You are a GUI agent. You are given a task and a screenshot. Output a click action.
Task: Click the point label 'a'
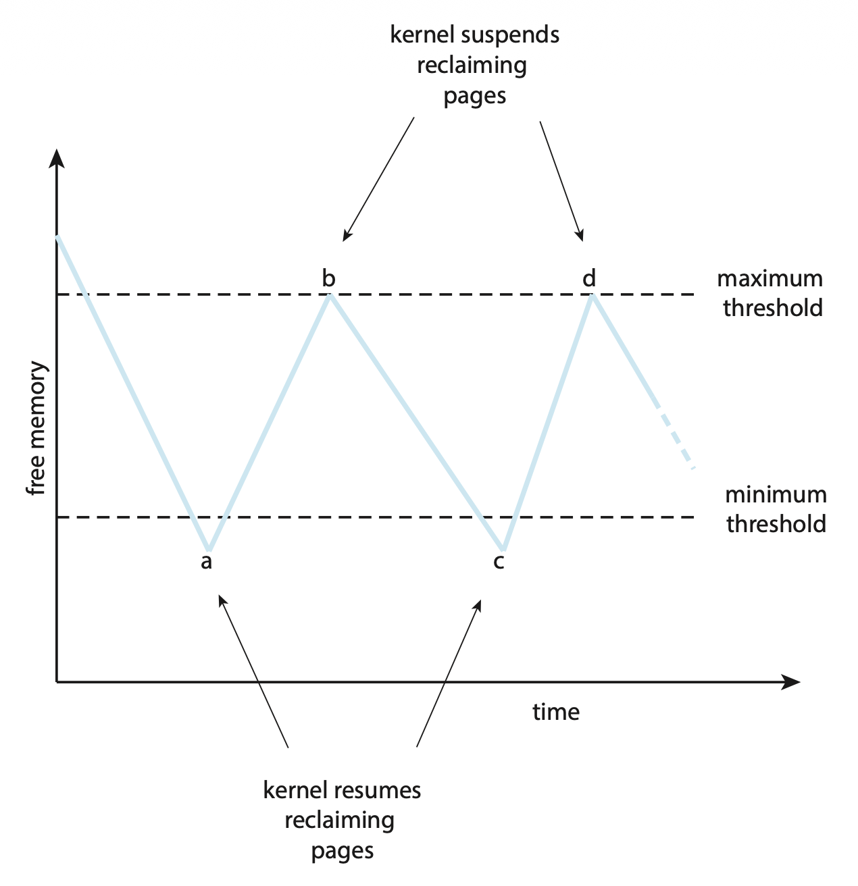[207, 562]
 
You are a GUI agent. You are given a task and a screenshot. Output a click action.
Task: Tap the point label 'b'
[328, 278]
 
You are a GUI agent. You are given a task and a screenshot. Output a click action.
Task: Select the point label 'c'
[499, 562]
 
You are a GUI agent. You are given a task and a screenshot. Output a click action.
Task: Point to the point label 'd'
[589, 278]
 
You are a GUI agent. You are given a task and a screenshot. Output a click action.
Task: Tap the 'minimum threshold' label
[776, 509]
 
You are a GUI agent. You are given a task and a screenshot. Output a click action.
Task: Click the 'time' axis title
[555, 712]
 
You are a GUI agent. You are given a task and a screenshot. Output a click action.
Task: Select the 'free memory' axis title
[38, 429]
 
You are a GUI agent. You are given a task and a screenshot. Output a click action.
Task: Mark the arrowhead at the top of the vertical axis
[57, 159]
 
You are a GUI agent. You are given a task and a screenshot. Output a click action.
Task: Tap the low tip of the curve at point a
[209, 549]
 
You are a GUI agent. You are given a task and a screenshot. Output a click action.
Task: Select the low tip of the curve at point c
[503, 549]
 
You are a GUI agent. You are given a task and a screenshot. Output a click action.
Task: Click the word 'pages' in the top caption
[474, 96]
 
